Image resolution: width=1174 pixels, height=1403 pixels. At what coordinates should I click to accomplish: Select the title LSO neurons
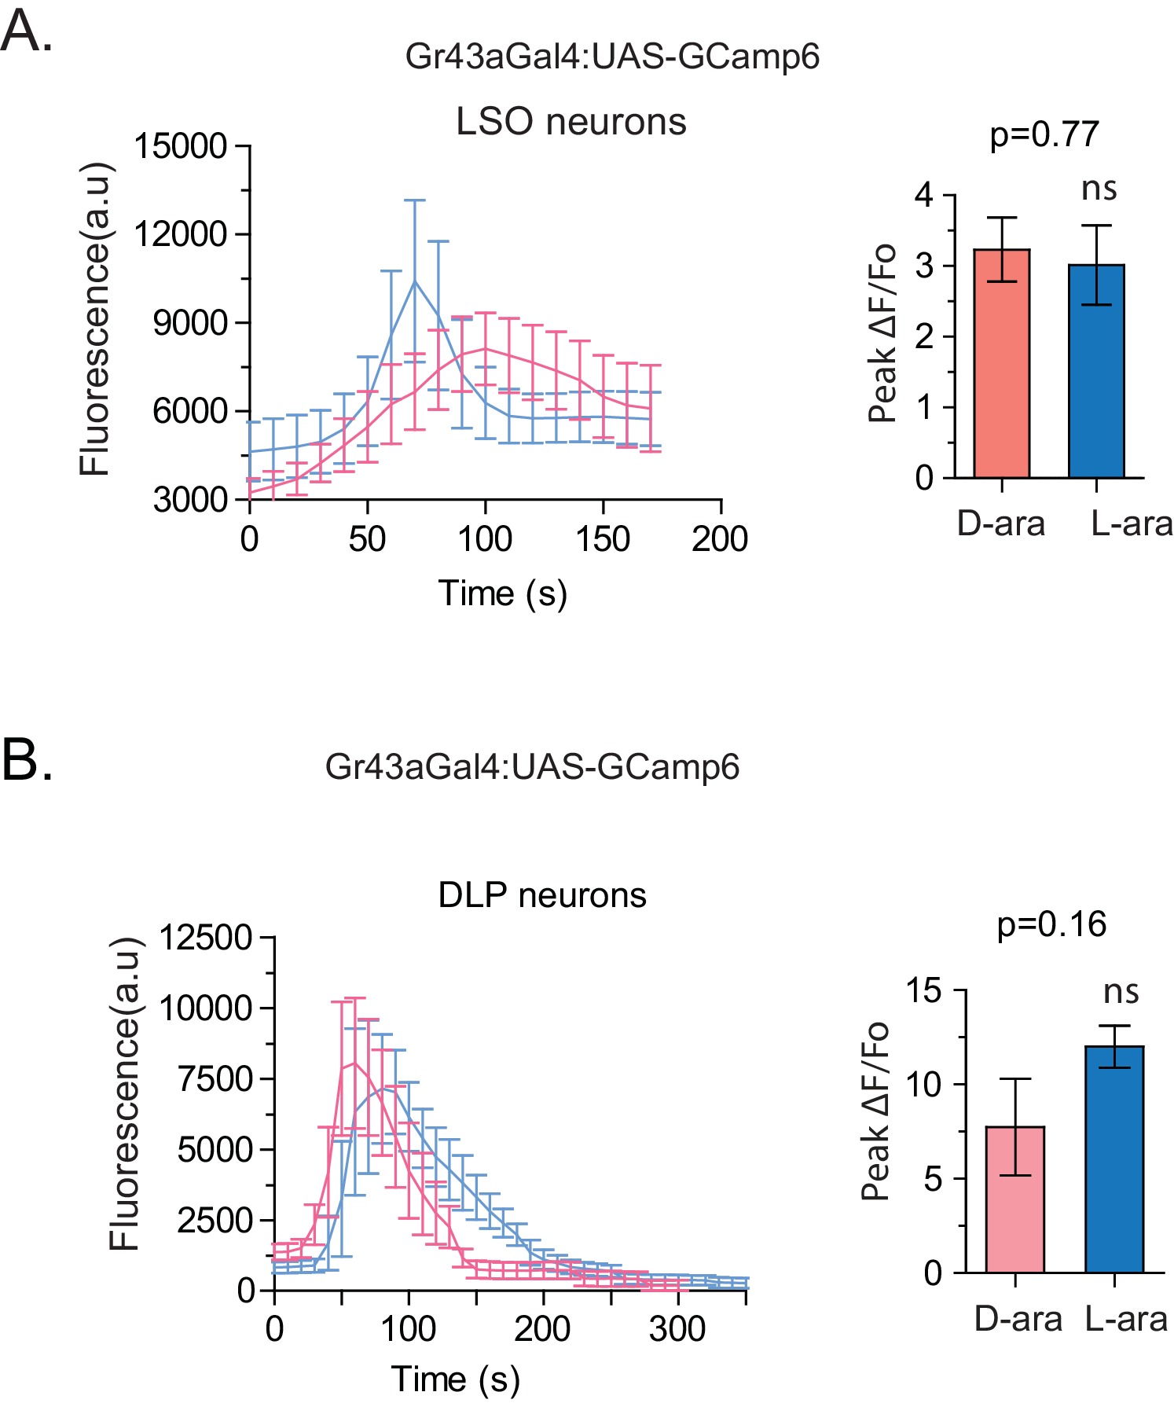[570, 122]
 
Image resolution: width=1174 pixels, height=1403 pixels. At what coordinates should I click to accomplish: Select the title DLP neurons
[542, 895]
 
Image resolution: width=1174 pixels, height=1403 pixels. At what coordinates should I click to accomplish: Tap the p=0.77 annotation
[1044, 134]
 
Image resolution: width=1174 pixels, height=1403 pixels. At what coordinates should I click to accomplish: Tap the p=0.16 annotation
[1051, 924]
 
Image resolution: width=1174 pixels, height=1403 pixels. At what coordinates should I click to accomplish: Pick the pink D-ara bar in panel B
[1014, 1199]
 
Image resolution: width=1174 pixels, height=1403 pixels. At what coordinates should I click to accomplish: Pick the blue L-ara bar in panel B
[1113, 1159]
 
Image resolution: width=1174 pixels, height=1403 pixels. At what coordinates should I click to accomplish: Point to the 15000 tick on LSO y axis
[181, 146]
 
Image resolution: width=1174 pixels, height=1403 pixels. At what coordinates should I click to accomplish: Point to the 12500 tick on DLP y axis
[206, 938]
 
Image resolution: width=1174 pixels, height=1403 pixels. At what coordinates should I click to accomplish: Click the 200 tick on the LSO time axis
[720, 539]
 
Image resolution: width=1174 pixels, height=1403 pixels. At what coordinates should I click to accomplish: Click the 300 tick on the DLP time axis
[677, 1329]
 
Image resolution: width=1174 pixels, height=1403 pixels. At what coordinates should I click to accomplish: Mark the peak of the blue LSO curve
[414, 281]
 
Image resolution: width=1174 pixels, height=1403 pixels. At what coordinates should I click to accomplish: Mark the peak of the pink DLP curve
[355, 1063]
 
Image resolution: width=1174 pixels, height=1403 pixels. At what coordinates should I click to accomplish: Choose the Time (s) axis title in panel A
[502, 593]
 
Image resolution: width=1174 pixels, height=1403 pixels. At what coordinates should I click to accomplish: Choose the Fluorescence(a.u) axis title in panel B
[124, 1093]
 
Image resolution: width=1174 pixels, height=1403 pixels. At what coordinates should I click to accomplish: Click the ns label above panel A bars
[1099, 189]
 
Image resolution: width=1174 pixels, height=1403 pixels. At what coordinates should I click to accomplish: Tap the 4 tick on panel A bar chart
[924, 195]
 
